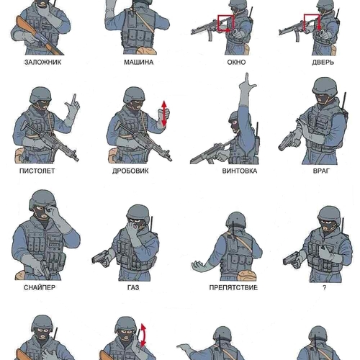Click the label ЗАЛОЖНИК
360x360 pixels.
(x=42, y=62)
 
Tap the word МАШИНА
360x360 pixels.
(x=139, y=62)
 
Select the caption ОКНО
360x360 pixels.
(x=236, y=62)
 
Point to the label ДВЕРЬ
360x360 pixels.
(x=323, y=62)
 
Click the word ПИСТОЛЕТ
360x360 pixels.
(x=37, y=171)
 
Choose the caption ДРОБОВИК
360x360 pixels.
(x=130, y=171)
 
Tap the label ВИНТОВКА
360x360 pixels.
(x=240, y=171)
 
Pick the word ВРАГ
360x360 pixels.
(x=321, y=171)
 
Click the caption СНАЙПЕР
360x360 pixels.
(x=40, y=287)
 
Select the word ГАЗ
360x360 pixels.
(x=133, y=287)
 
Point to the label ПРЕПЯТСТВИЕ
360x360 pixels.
(x=233, y=287)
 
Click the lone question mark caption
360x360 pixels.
(x=325, y=287)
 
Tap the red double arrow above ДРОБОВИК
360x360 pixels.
(x=164, y=113)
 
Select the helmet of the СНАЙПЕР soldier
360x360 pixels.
(x=42, y=200)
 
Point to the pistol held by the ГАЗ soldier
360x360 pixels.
(x=100, y=258)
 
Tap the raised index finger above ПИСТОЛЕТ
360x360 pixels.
(x=74, y=99)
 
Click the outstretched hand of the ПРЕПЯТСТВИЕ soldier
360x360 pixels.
(x=199, y=266)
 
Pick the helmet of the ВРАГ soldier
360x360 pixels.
(x=325, y=86)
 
